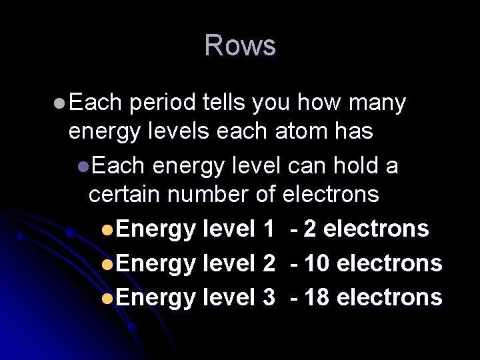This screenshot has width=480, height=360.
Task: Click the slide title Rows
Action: tap(240, 46)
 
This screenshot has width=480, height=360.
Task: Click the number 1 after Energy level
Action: tap(268, 229)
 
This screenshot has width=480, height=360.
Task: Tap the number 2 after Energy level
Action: tap(268, 263)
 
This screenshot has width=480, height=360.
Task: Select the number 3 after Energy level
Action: tap(268, 297)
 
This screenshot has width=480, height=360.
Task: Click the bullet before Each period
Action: tap(59, 104)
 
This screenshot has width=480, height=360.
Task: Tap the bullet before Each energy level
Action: tap(81, 166)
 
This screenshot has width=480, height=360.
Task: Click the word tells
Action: tap(221, 103)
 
